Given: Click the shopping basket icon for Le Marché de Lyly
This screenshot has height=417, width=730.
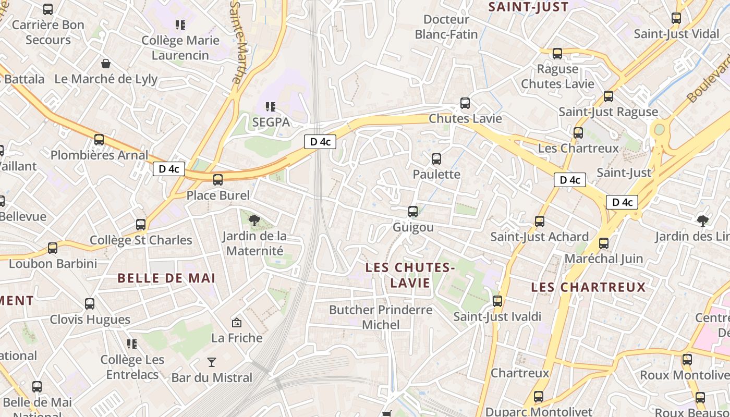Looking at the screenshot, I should click(x=106, y=64).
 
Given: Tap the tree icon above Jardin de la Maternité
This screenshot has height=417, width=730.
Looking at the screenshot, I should click(x=254, y=220).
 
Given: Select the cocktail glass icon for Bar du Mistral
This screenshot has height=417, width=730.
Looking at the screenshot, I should click(x=212, y=362).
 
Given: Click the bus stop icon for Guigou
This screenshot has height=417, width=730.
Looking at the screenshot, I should click(x=413, y=211).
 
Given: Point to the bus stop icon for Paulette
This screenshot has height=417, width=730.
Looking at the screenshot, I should click(x=436, y=158).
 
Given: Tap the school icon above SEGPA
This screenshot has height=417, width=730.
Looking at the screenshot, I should click(x=271, y=107).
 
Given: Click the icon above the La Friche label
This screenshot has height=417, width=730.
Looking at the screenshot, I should click(x=237, y=323).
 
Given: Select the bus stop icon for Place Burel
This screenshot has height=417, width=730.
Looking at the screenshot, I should click(x=218, y=180).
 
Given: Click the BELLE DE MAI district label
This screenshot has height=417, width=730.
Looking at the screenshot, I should click(x=166, y=278).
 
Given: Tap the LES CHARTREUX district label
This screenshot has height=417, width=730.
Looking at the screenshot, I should click(x=588, y=287).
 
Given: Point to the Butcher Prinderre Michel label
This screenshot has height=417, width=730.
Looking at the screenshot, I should click(x=381, y=317).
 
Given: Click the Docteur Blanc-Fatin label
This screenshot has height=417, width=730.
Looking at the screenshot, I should click(x=446, y=27).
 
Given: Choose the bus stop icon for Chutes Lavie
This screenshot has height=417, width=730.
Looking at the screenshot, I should click(x=465, y=103).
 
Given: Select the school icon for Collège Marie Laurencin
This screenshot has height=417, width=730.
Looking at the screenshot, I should click(x=180, y=24).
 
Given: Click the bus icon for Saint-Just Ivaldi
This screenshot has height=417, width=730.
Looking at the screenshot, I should click(x=497, y=301).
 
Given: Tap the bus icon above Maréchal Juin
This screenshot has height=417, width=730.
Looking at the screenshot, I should click(x=604, y=243).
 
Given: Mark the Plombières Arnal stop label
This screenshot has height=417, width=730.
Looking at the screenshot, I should click(x=99, y=155).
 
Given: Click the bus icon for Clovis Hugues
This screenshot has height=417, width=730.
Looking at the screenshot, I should click(x=90, y=303).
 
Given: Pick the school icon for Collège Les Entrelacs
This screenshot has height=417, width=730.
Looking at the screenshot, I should click(x=132, y=344).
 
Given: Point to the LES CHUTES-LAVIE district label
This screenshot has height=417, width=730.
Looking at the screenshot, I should click(x=410, y=275).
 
